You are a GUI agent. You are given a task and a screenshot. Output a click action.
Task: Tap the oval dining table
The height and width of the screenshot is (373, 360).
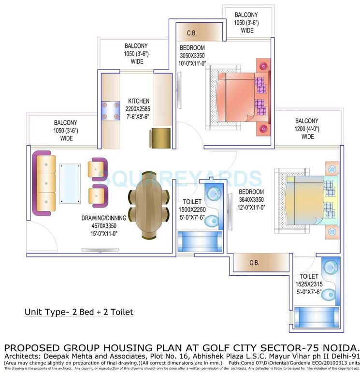(x=149, y=202)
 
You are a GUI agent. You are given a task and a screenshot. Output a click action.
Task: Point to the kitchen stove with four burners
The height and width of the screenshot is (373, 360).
(x=110, y=111)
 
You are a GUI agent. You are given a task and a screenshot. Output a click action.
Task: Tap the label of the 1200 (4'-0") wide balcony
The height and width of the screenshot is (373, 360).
(x=307, y=128)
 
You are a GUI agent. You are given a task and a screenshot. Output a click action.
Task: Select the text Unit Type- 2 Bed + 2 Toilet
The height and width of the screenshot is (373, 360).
(x=79, y=312)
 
